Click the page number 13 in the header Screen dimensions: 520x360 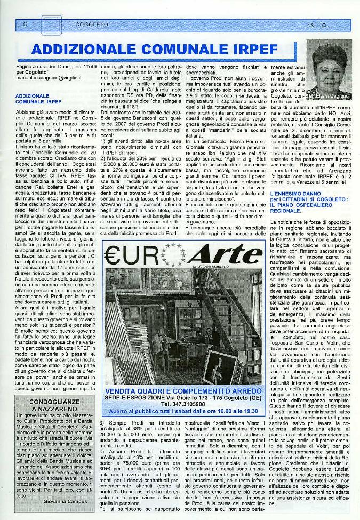tap(310, 25)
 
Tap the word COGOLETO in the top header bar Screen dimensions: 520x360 tap(92, 25)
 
